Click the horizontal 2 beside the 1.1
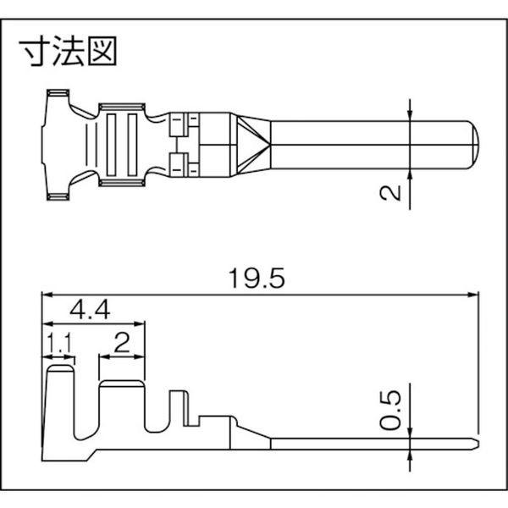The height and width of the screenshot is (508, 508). click(121, 343)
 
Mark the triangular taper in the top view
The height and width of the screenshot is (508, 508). click(253, 145)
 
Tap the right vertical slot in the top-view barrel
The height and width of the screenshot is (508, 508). click(132, 145)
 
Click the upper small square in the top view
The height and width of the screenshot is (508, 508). click(178, 125)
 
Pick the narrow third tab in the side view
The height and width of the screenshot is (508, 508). click(177, 411)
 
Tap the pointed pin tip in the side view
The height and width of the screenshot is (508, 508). click(476, 442)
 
